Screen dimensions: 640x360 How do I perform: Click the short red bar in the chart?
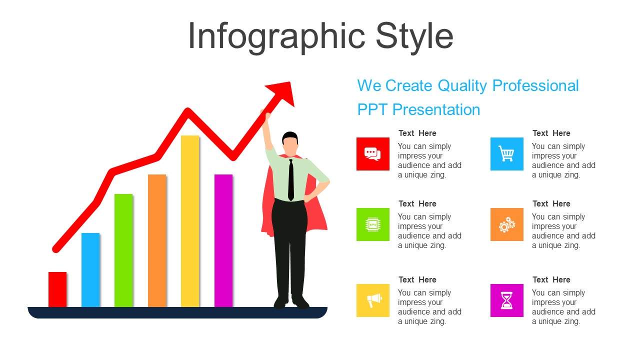[57, 289]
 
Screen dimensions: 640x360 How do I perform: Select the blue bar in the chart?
[90, 270]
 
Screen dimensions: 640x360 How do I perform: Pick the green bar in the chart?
[123, 250]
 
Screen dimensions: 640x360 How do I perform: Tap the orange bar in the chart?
[157, 241]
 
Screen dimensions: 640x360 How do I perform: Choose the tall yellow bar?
[190, 221]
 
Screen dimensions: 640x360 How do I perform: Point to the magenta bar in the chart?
[223, 241]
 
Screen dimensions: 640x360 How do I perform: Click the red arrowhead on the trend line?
[281, 93]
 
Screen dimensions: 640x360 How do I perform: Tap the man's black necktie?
[291, 180]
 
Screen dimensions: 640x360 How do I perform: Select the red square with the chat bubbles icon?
[373, 154]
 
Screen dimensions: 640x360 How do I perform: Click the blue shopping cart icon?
[507, 154]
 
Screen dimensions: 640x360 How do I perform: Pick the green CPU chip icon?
[373, 224]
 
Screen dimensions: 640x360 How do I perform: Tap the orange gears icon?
[507, 224]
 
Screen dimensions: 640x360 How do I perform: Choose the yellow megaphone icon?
[373, 300]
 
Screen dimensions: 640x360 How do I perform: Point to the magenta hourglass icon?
[507, 300]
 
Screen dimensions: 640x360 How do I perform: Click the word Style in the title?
[414, 37]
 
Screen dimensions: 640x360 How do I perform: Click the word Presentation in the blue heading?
[436, 110]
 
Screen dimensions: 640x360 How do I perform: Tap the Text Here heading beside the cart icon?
[551, 133]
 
